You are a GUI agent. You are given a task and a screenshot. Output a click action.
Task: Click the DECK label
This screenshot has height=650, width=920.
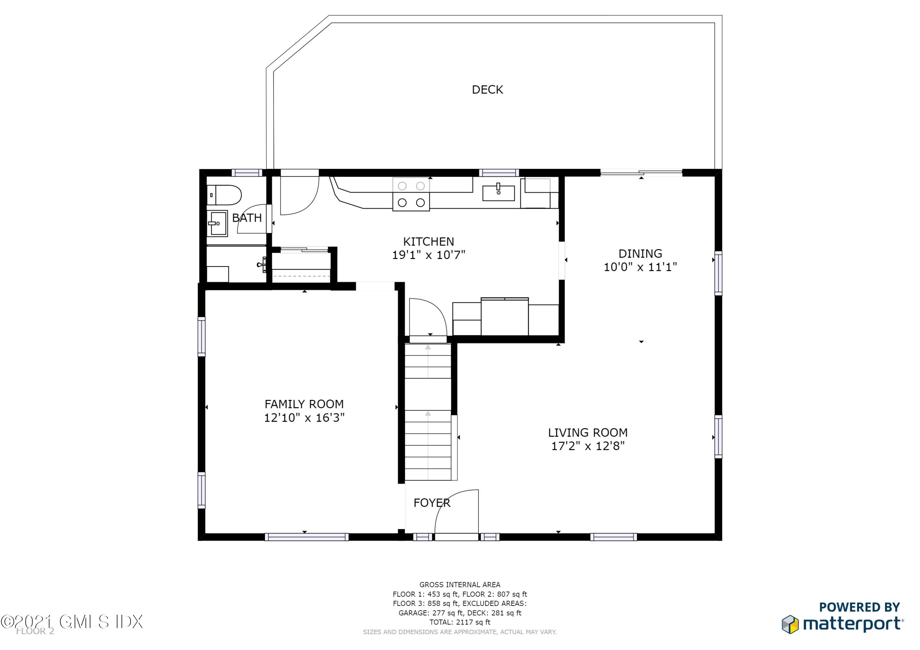pos(487,90)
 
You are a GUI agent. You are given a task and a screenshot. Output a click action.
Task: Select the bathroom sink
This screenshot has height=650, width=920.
pos(217,223)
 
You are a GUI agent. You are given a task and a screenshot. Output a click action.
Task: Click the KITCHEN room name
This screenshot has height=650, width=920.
pos(428,241)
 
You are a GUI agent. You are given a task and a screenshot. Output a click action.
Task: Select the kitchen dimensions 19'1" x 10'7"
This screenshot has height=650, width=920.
pos(428,255)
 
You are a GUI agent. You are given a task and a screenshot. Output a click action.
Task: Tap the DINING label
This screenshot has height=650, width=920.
pos(640,253)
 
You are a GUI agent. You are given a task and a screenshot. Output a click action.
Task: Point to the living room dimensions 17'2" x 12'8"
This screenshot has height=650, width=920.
pos(588,446)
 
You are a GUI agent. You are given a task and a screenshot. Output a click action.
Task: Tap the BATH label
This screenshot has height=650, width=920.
pos(247,218)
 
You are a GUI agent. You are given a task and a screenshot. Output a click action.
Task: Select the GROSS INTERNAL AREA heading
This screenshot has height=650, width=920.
pos(460,585)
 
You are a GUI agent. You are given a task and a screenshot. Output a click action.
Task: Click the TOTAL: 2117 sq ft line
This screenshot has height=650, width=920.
pos(460,622)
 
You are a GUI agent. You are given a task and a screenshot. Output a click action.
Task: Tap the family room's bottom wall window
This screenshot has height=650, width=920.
pos(307,537)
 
